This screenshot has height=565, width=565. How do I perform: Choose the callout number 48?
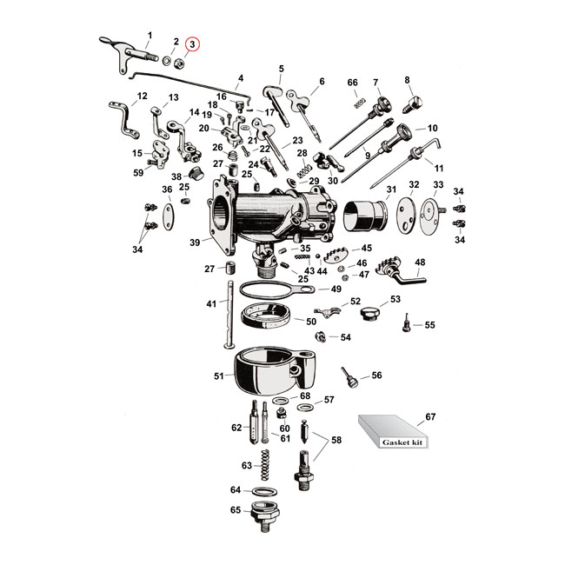click(x=420, y=263)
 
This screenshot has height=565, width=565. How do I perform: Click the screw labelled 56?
click(x=350, y=378)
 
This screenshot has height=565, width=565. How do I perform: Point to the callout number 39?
click(x=194, y=244)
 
